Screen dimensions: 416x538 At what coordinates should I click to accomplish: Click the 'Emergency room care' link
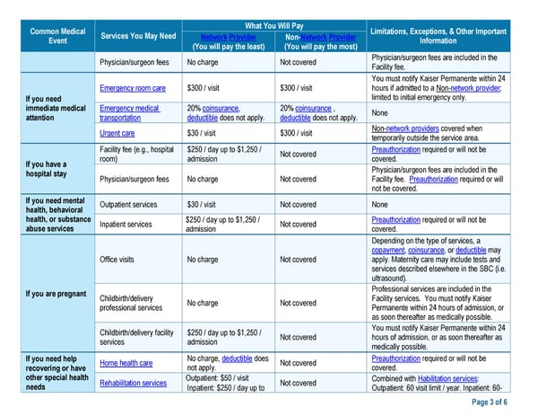[133, 88]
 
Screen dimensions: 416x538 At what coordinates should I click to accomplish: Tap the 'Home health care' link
[126, 363]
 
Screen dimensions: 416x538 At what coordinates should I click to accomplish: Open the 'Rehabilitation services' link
[133, 384]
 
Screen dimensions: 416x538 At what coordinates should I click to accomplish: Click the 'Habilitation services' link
[453, 378]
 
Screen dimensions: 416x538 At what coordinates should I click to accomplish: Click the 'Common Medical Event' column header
[57, 35]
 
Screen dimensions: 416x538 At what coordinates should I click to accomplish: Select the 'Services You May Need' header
[138, 36]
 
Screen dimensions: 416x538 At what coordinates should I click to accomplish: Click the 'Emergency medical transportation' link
[130, 111]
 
